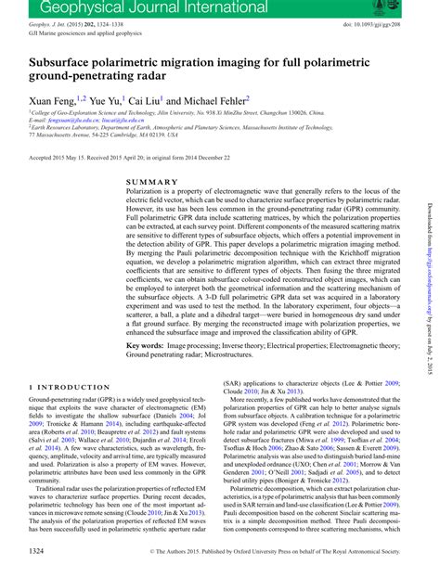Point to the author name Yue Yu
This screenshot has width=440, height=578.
[102, 99]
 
